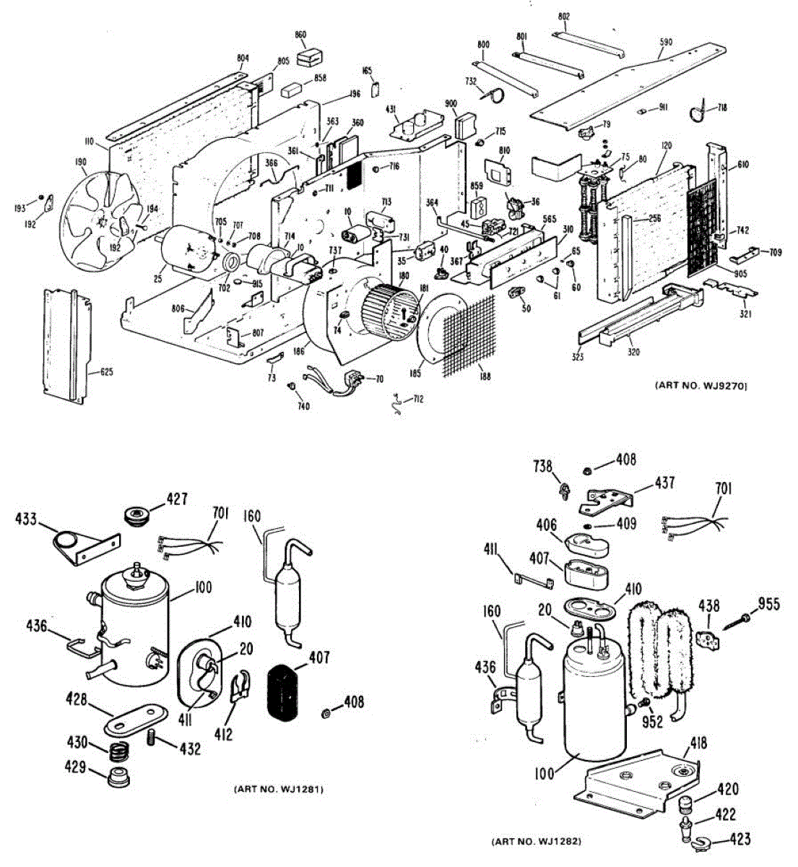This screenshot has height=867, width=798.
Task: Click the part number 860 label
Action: click(x=300, y=35)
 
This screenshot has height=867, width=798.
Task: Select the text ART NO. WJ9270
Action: click(x=701, y=386)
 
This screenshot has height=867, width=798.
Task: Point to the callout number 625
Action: click(x=107, y=373)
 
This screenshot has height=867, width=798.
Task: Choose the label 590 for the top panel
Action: click(x=665, y=43)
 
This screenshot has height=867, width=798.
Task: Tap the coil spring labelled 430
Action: click(x=116, y=751)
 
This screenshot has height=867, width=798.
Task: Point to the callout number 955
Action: click(x=768, y=603)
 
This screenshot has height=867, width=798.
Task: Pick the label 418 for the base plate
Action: click(x=698, y=743)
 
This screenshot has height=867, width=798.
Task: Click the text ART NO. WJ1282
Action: click(x=536, y=842)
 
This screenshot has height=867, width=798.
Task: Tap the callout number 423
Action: click(x=740, y=839)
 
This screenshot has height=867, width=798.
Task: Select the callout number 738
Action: click(x=543, y=467)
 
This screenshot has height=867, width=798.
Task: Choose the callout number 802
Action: click(x=564, y=16)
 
